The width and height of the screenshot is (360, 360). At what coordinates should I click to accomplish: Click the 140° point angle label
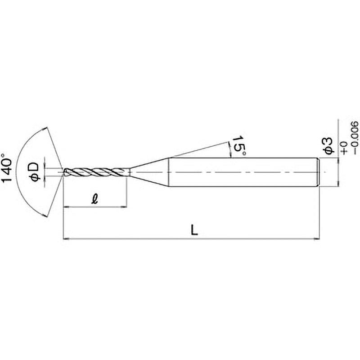(7, 167)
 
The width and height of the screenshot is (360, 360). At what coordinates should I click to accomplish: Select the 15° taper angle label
(239, 147)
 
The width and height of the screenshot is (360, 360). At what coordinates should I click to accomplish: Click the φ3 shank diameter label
(328, 145)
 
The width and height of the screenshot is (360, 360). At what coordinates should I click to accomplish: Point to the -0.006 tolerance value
(355, 138)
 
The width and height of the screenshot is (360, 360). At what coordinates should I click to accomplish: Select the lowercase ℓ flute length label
(94, 198)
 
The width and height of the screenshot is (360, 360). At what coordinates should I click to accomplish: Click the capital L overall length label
(194, 230)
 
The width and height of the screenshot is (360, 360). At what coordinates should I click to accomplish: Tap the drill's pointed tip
(63, 172)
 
